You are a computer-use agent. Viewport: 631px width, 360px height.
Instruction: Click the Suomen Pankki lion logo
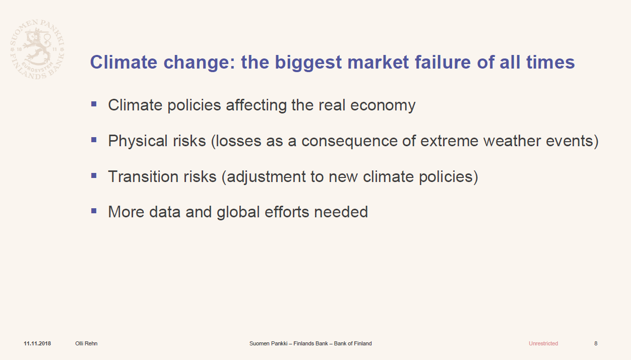37,49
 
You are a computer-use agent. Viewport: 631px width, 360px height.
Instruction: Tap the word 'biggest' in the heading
308,63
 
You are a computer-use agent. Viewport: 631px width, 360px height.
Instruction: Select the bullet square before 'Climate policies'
94,104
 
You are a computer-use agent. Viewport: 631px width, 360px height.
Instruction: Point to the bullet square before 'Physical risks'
94,140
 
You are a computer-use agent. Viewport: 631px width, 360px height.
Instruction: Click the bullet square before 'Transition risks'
94,175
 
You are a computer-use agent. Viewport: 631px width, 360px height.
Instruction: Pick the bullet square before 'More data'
94,211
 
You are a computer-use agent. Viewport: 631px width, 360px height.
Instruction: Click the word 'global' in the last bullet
238,212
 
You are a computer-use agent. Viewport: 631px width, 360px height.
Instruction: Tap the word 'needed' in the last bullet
341,212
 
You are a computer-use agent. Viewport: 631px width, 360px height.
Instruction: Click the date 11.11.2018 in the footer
37,343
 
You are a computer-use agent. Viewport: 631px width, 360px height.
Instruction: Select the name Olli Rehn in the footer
86,343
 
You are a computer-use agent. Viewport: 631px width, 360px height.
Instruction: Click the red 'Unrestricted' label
543,343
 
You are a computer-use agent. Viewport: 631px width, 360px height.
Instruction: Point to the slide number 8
596,343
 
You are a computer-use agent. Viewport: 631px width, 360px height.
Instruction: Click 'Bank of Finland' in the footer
353,343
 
